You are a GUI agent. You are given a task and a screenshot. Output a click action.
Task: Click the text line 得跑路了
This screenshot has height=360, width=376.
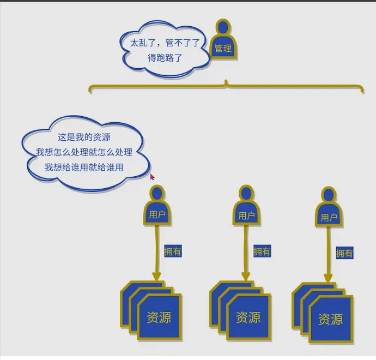166,57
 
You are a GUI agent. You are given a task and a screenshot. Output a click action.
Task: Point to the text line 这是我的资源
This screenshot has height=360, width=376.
84,137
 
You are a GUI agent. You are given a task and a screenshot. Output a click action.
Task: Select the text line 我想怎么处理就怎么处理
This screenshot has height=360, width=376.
84,152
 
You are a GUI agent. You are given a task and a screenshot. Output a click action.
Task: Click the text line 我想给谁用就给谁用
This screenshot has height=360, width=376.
84,167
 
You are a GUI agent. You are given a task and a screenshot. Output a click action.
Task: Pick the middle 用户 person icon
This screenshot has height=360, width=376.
246,207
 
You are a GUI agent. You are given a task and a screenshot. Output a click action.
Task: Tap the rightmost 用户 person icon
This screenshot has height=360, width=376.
329,209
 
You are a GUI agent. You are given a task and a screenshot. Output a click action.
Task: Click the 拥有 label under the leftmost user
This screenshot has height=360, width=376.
173,251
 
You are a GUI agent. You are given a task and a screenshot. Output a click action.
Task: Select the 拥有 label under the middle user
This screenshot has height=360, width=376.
262,251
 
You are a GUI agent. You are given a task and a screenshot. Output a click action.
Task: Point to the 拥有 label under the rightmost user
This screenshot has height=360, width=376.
344,253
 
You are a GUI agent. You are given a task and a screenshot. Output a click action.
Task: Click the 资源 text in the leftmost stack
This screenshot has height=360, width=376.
159,317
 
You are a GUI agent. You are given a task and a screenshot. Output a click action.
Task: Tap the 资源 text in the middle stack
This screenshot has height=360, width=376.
248,317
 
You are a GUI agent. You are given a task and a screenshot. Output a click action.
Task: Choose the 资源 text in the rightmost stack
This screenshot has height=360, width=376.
330,319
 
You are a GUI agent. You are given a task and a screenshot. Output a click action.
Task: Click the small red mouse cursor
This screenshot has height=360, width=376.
153,177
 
